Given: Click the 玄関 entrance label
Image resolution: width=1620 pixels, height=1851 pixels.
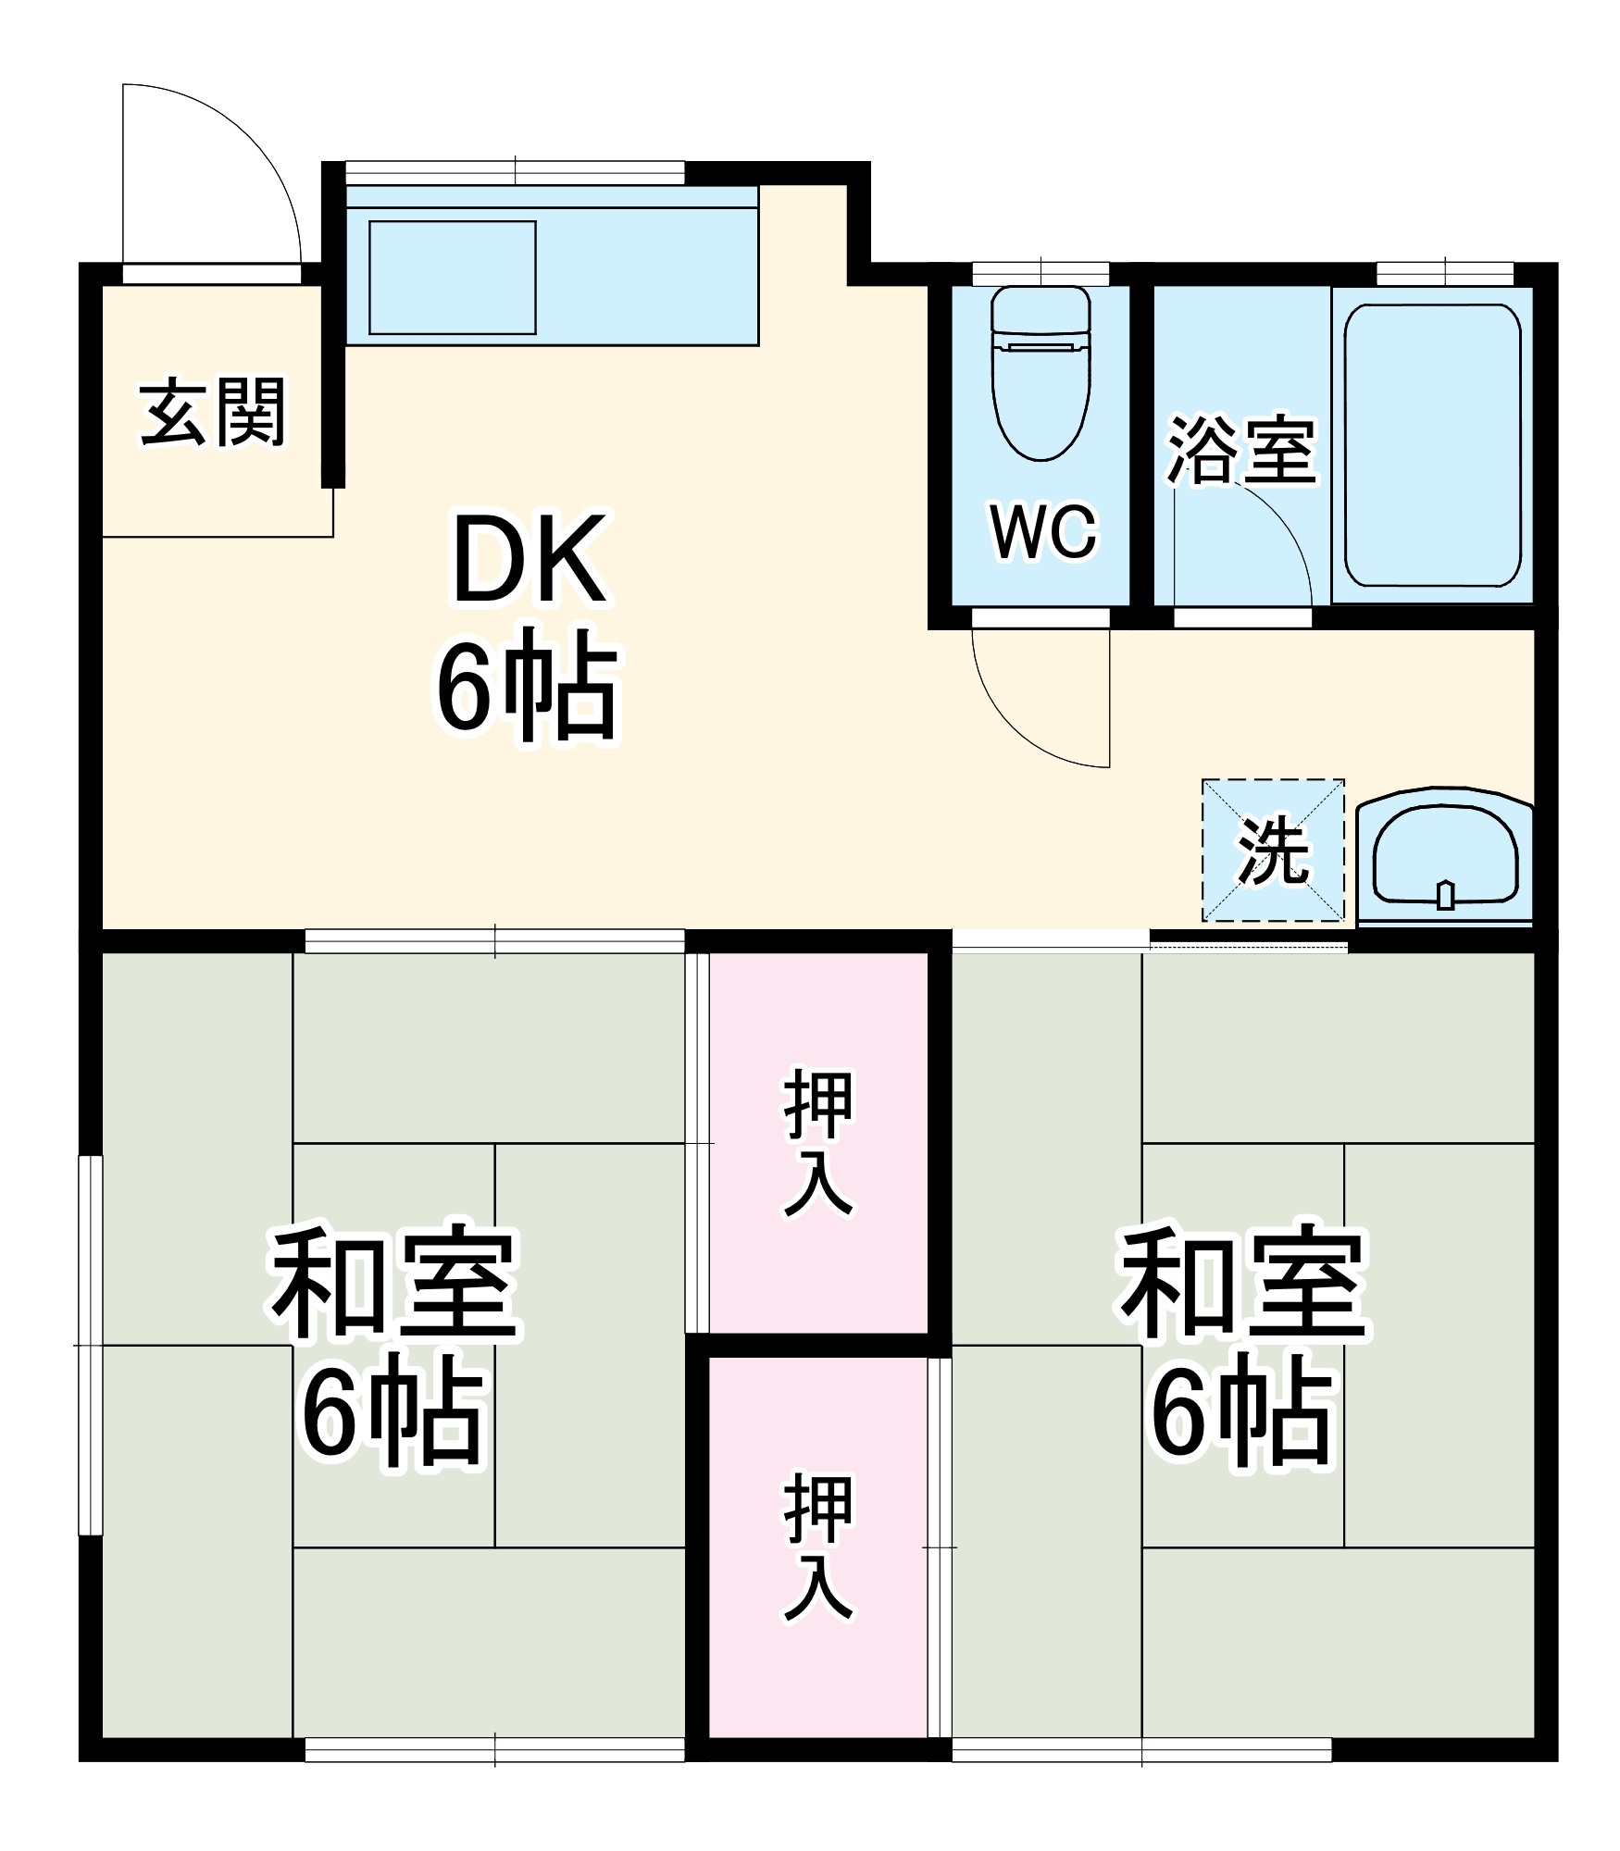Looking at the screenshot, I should tap(213, 413).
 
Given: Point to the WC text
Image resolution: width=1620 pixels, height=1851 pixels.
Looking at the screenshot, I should tap(1043, 532).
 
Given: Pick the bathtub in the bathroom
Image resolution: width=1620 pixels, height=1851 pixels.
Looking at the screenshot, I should tap(1432, 445).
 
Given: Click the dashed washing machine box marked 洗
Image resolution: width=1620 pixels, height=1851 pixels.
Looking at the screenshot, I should tap(1273, 850).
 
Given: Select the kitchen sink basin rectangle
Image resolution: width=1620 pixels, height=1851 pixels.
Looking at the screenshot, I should tap(453, 277).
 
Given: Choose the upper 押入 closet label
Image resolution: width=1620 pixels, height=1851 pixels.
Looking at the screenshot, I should tap(818, 1142).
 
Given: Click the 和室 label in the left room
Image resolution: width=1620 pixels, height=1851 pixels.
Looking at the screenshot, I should tap(393, 1286).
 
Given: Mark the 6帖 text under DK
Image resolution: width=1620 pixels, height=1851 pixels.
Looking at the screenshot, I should tap(526, 685).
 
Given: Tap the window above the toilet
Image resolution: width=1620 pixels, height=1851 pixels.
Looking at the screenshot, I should tap(1041, 273).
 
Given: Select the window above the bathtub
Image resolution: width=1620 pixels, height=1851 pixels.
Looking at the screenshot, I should tap(1444, 273).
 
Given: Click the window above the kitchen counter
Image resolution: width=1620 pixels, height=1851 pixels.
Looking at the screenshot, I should tap(515, 172).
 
